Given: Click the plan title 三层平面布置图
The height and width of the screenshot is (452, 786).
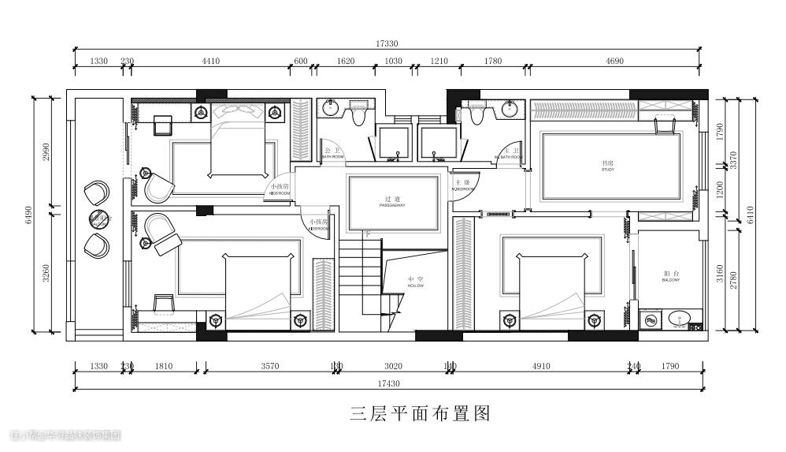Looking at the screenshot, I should tap(421, 413).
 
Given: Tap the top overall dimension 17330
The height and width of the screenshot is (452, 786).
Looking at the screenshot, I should tap(387, 44).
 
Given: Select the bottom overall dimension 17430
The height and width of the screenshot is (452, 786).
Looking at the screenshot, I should tap(389, 383).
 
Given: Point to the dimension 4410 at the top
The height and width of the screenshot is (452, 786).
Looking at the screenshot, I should tap(211, 61).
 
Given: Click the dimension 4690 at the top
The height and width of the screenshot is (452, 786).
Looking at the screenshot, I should tap(615, 61).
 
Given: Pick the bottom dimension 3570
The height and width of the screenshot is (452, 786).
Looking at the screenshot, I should tap(270, 366).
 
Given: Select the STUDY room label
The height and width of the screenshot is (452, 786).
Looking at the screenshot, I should tap(607, 166).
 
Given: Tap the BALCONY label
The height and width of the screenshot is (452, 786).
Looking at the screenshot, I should tap(670, 277).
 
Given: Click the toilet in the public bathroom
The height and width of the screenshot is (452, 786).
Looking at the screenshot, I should tap(359, 115).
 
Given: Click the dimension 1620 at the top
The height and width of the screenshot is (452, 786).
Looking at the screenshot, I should tap(346, 61).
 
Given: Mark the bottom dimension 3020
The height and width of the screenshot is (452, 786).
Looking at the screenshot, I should tap(393, 366).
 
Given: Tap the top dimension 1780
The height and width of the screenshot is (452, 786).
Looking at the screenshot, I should tap(493, 61).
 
